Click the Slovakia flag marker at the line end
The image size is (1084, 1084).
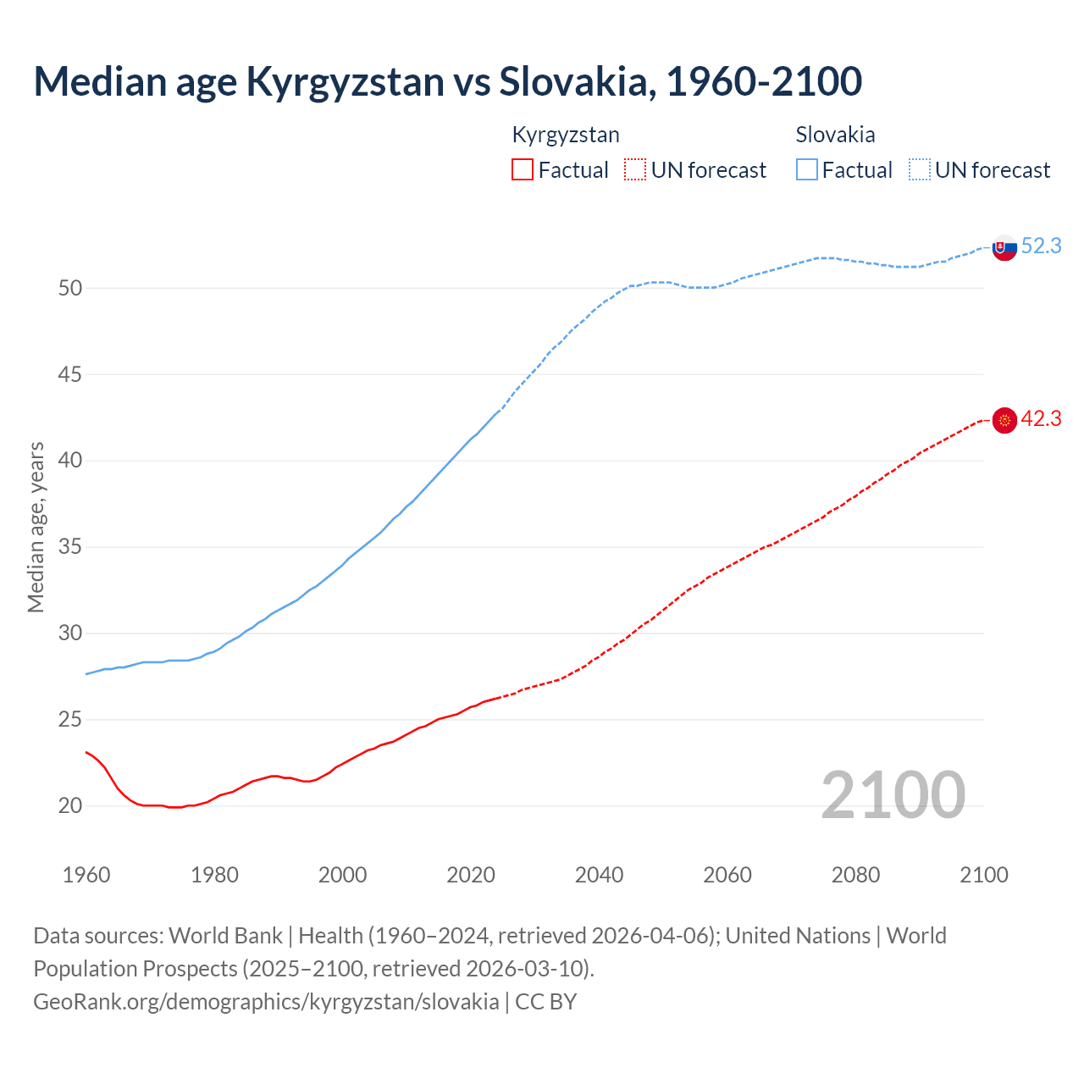click(x=1004, y=248)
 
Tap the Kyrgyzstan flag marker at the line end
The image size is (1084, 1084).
click(x=1004, y=420)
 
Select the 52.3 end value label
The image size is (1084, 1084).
click(x=1041, y=246)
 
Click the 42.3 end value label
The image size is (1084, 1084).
click(x=1041, y=418)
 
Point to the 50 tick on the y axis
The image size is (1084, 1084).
click(x=70, y=288)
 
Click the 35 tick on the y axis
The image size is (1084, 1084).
click(x=70, y=547)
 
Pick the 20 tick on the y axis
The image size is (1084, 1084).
click(x=70, y=805)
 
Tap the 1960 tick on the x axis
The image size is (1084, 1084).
click(x=86, y=875)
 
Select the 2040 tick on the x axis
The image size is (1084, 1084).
click(x=599, y=875)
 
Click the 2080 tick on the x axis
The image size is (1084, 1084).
click(x=855, y=875)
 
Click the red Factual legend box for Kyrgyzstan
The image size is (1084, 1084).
click(x=523, y=170)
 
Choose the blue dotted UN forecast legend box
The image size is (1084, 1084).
click(x=920, y=170)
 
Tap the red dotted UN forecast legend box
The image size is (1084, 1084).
click(x=635, y=170)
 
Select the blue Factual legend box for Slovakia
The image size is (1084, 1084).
click(x=807, y=170)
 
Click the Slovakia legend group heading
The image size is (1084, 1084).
click(x=835, y=135)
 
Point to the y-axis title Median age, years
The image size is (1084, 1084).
click(x=36, y=527)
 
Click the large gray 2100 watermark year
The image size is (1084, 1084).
click(x=893, y=794)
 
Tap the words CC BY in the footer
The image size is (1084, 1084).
click(x=545, y=1001)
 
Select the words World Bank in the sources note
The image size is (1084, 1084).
click(x=225, y=935)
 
